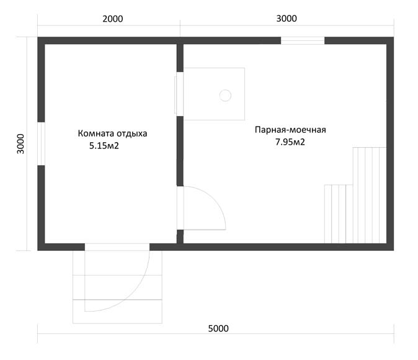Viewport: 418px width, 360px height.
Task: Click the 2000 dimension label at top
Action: [x=113, y=19]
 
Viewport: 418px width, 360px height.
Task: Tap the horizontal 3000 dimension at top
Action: [x=287, y=19]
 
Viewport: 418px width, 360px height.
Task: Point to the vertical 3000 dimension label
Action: [x=20, y=144]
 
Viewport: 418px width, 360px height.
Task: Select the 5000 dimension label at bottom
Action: [x=218, y=328]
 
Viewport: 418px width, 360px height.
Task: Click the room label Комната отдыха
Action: [x=112, y=133]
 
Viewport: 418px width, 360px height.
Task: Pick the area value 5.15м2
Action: [x=104, y=146]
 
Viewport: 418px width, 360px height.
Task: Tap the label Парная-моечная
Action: [x=290, y=130]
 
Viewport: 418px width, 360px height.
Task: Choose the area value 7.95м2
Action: [x=290, y=142]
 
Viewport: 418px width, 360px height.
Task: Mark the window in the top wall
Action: [x=303, y=40]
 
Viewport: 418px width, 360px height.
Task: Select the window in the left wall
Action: [x=41, y=144]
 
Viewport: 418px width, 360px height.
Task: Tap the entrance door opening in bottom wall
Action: [x=117, y=247]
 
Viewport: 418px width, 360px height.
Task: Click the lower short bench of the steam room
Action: [x=339, y=214]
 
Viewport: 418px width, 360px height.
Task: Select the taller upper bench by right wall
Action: [x=370, y=195]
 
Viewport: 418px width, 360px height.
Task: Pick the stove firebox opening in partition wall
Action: [x=179, y=94]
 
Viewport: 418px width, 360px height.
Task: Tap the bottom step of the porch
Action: [x=117, y=312]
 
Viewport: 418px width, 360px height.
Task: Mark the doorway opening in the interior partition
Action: [x=180, y=208]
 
